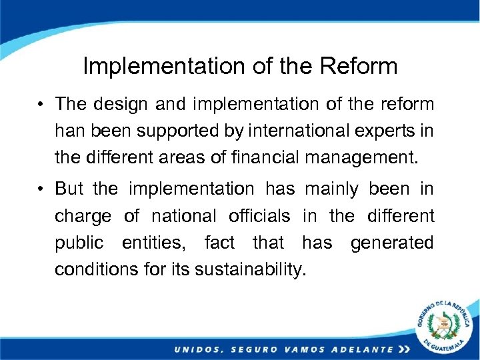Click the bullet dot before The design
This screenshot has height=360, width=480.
pos(41,105)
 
